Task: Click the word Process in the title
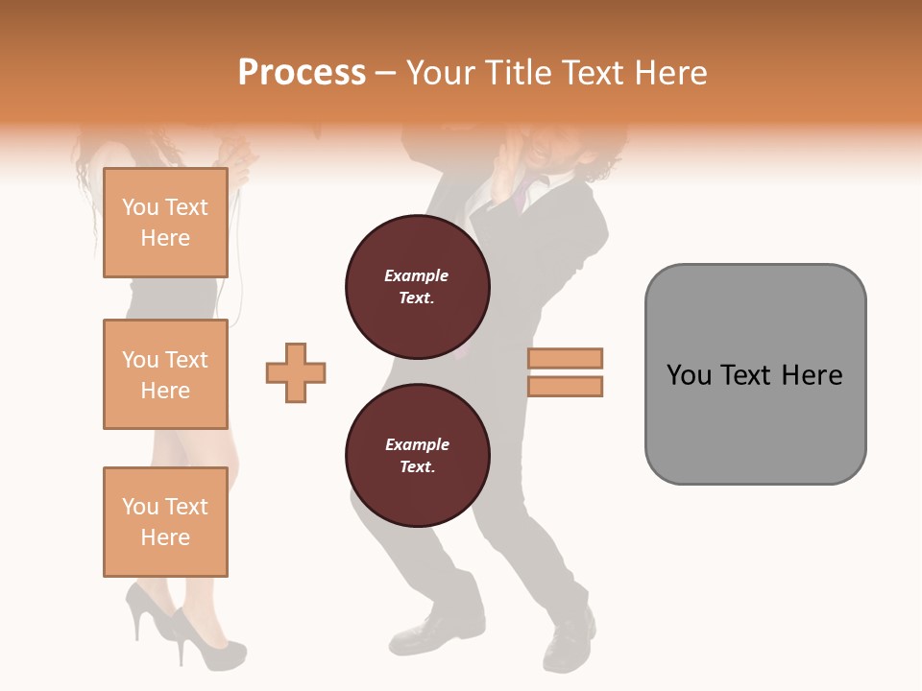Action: click(x=302, y=73)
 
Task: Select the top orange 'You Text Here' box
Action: click(x=165, y=223)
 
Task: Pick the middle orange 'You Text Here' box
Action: click(x=165, y=374)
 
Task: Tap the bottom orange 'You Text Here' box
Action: click(x=165, y=522)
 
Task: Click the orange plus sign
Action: click(x=296, y=372)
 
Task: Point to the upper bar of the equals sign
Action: click(x=565, y=358)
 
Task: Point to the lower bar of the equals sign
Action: click(x=565, y=386)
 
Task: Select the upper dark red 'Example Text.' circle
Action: click(x=417, y=287)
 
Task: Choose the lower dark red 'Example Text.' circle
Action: click(x=417, y=456)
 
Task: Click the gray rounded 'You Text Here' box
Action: click(x=755, y=374)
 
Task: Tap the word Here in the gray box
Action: click(x=812, y=375)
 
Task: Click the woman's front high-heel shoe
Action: click(x=206, y=648)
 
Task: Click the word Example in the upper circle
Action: click(x=417, y=275)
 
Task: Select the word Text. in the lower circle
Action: click(x=417, y=467)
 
